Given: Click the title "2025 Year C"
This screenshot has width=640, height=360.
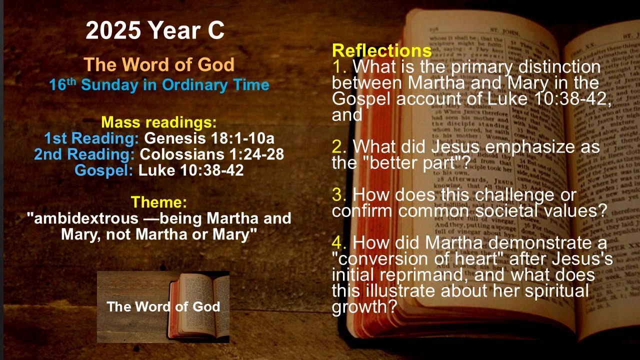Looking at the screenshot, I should [x=155, y=31].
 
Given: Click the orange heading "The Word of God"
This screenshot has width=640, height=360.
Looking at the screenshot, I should [x=159, y=65].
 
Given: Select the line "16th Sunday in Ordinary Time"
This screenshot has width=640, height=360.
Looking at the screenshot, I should [x=159, y=85].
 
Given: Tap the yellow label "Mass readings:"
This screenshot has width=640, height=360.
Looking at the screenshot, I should [x=159, y=122].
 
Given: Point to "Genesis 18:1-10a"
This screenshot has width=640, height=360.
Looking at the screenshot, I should [x=209, y=138].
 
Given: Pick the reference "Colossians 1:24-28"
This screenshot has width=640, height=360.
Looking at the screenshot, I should [x=212, y=154].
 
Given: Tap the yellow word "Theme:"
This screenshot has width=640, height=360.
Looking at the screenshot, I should [x=159, y=202].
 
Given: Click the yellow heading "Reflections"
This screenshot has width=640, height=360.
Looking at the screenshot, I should [x=382, y=50].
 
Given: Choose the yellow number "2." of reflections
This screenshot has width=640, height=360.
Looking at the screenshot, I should [x=339, y=147].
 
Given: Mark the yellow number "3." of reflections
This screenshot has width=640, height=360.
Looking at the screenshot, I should [x=339, y=194].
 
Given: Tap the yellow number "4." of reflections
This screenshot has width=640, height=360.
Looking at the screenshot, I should [x=339, y=243].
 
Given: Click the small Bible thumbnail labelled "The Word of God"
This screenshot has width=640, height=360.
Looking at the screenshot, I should [x=163, y=306].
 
